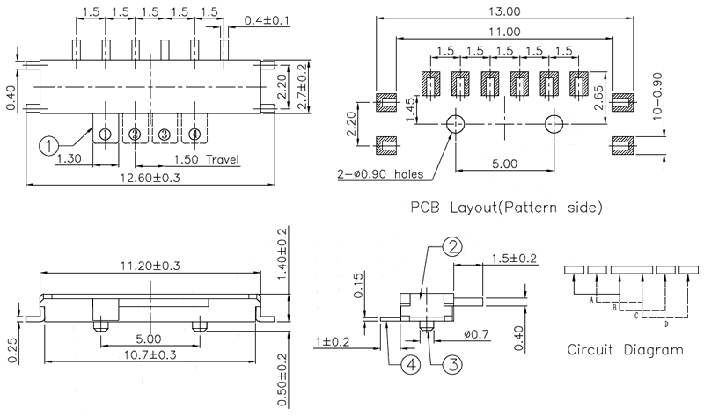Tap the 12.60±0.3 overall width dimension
click(x=150, y=179)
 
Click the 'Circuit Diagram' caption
click(x=626, y=349)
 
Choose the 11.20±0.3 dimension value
click(x=150, y=266)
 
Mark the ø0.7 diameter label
click(x=476, y=336)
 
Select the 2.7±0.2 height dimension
click(x=303, y=86)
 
